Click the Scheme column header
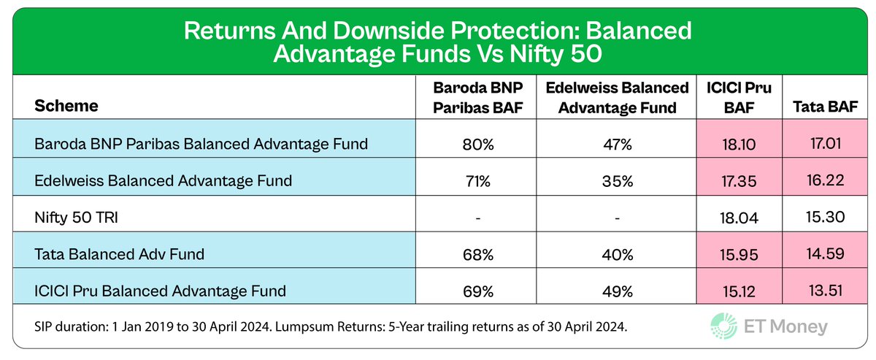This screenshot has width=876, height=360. (66, 106)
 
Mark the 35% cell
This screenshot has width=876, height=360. (618, 180)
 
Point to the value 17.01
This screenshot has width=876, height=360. (823, 144)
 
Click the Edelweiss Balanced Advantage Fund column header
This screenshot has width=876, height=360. (618, 97)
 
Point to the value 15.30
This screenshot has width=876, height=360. (823, 218)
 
